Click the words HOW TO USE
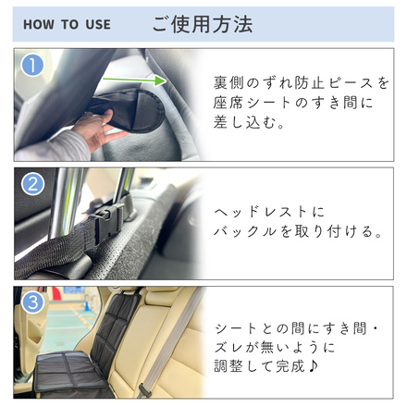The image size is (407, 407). click(66, 24)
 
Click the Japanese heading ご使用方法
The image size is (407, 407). click(202, 24)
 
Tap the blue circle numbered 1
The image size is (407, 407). click(33, 66)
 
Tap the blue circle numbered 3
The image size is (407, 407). click(33, 302)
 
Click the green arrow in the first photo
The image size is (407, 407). click(133, 81)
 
